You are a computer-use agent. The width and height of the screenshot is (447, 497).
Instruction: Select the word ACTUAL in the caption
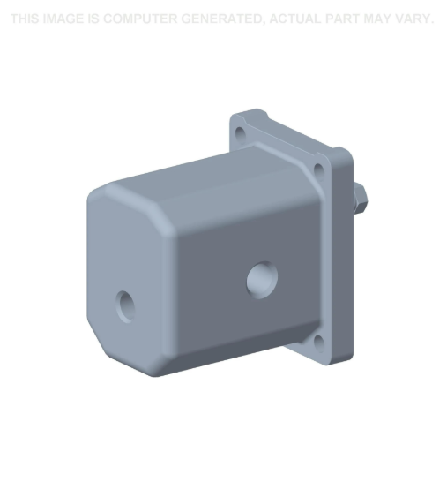coord(301,19)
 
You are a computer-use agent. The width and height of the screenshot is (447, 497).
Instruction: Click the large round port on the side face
coord(261,279)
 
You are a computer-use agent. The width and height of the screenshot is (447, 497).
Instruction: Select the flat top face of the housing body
coord(203,177)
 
